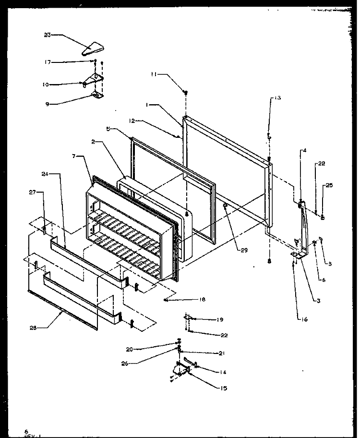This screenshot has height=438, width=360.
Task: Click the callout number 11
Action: [153, 74]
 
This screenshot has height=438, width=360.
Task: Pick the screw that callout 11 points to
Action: [185, 92]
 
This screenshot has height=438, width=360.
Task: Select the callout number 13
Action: [278, 97]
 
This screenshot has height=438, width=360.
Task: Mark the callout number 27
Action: [33, 192]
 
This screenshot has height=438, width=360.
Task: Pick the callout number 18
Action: [202, 300]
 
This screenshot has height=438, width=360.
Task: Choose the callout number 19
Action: [219, 319]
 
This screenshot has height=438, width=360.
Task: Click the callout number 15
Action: [224, 388]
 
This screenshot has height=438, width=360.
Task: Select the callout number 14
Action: [223, 372]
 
